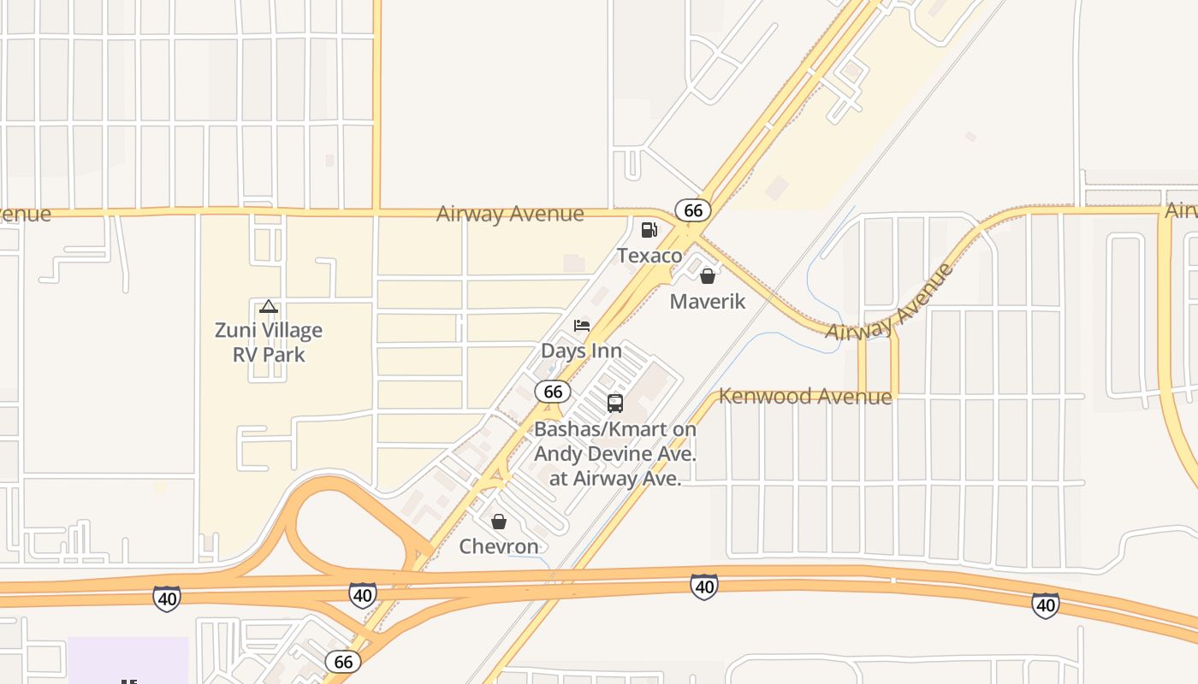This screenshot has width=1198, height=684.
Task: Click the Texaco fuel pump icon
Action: pyautogui.click(x=649, y=229)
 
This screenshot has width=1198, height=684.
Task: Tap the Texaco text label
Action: pyautogui.click(x=649, y=256)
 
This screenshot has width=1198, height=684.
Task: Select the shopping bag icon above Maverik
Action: pyautogui.click(x=708, y=276)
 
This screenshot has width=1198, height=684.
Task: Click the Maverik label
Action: pyautogui.click(x=708, y=301)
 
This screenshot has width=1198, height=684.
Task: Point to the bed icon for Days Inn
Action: pyautogui.click(x=582, y=326)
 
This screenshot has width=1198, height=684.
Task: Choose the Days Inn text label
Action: pyautogui.click(x=582, y=351)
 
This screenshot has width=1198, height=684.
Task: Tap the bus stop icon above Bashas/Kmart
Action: pyautogui.click(x=615, y=404)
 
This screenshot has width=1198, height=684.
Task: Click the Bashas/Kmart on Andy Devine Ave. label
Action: pyautogui.click(x=615, y=453)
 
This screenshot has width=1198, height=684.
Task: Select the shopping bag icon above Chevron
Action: pyautogui.click(x=499, y=521)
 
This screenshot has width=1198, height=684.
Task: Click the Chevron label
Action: pyautogui.click(x=499, y=546)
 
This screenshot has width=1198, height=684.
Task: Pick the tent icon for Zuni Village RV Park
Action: pyautogui.click(x=269, y=306)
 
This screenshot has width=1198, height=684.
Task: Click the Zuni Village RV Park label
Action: pyautogui.click(x=269, y=342)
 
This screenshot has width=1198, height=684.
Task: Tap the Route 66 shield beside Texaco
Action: pyautogui.click(x=693, y=210)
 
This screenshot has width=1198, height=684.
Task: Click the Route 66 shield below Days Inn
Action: pyautogui.click(x=553, y=392)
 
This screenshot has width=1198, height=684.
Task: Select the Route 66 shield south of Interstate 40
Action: pyautogui.click(x=343, y=661)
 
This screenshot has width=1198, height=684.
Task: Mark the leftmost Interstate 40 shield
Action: pyautogui.click(x=167, y=598)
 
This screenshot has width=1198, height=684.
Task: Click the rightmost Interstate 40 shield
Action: pyautogui.click(x=1045, y=604)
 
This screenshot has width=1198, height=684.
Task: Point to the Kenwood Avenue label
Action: pyautogui.click(x=805, y=396)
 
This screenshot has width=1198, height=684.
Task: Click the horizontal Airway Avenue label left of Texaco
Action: pyautogui.click(x=510, y=214)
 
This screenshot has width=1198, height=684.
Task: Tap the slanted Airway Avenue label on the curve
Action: pyautogui.click(x=890, y=303)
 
